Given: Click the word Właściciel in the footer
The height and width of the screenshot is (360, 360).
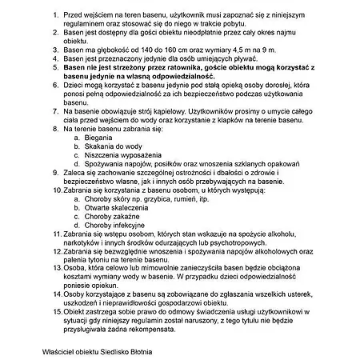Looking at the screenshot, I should [x=62, y=350].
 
